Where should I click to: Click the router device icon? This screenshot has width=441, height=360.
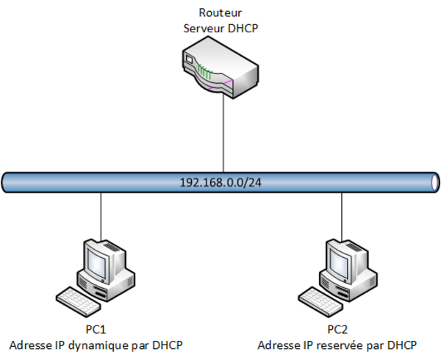point(221,71)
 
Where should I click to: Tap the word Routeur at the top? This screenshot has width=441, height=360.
point(220,12)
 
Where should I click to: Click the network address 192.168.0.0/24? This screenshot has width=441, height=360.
point(221,181)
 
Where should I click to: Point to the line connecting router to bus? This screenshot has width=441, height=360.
point(222,136)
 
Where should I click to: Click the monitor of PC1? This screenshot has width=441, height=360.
point(100,259)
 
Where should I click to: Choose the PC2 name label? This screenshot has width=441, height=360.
point(337,329)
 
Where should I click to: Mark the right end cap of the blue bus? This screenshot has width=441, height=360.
point(436,181)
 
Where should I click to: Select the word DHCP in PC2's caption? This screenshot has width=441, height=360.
point(402,345)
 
